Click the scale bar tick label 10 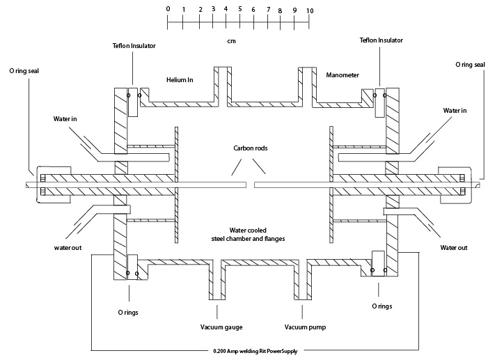click(309, 11)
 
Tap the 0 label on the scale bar click(168, 8)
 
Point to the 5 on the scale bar click(239, 10)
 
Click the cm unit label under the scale click(230, 41)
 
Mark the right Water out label click(454, 247)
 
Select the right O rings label click(381, 306)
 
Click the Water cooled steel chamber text click(248, 235)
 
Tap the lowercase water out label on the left click(68, 246)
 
